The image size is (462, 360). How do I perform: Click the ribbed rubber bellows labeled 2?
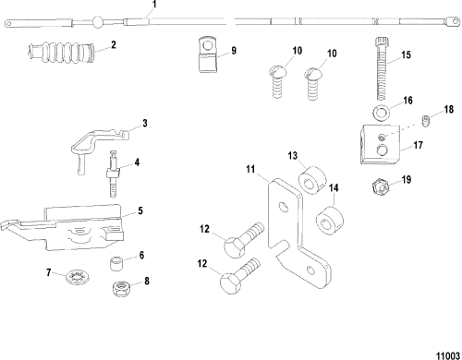[61, 51]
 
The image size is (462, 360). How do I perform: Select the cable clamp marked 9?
[207, 54]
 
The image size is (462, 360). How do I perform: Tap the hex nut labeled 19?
[379, 186]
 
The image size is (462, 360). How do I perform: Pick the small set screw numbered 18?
[425, 121]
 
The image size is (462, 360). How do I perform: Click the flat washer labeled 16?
[381, 113]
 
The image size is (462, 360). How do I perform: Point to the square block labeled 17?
[380, 144]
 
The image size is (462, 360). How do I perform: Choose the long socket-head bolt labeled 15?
[382, 68]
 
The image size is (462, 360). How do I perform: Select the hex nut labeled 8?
[121, 289]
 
